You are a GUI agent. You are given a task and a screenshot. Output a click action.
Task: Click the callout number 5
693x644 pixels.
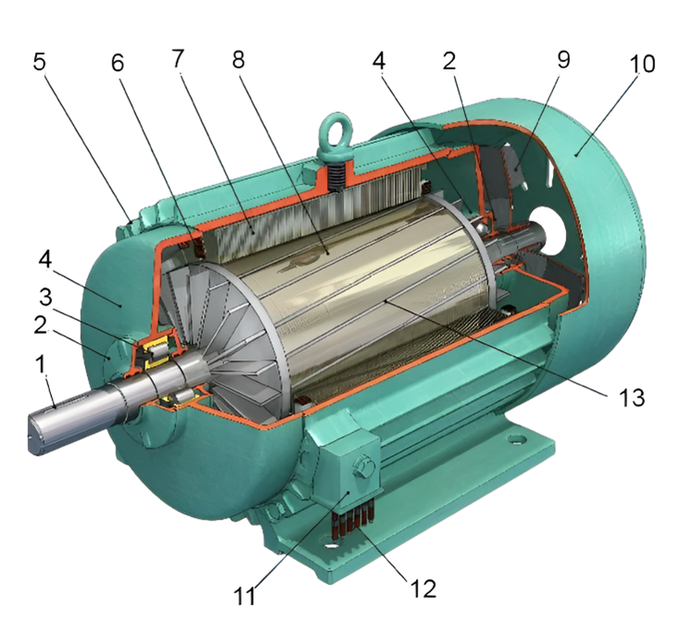click(x=39, y=62)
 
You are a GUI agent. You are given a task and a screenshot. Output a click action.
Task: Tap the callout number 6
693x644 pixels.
click(x=117, y=63)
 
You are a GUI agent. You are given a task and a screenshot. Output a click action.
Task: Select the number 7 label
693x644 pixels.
click(x=178, y=58)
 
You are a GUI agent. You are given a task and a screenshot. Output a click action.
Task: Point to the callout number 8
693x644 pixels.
click(x=238, y=58)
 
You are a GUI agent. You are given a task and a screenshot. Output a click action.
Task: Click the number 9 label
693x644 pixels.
click(x=563, y=59)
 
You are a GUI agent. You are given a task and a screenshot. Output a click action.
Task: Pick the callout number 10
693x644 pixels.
click(x=642, y=64)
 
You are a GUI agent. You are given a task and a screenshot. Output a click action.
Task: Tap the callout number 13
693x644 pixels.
click(x=632, y=398)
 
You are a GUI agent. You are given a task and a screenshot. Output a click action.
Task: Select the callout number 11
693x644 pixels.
click(x=245, y=596)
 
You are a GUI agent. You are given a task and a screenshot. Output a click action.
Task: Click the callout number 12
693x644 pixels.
click(x=423, y=588)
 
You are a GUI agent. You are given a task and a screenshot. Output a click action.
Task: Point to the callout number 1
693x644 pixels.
click(x=41, y=364)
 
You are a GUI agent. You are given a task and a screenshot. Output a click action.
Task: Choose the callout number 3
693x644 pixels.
click(x=45, y=297)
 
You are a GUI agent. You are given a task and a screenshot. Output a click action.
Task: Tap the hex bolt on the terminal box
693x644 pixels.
click(x=363, y=466)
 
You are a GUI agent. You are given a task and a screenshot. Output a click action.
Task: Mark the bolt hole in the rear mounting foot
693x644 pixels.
click(x=515, y=439)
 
